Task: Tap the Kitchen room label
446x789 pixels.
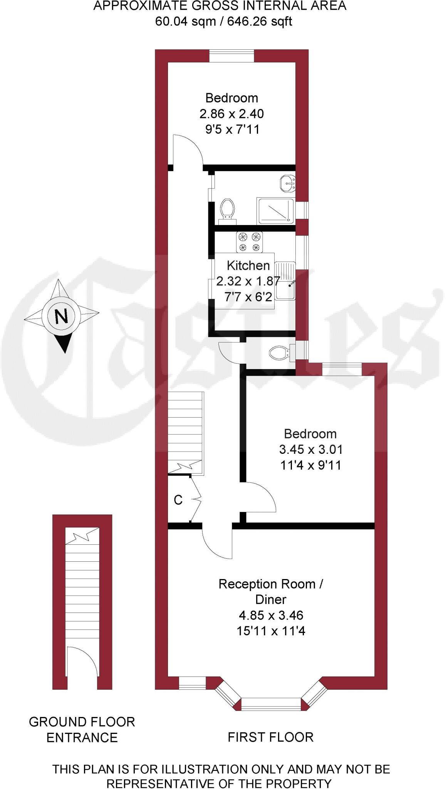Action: (x=248, y=265)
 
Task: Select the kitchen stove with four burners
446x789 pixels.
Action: (x=249, y=242)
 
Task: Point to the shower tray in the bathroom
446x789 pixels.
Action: (x=276, y=211)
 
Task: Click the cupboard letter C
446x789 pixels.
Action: (x=178, y=500)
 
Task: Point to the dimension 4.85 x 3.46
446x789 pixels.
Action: (x=271, y=615)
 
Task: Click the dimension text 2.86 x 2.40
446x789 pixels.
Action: (x=231, y=114)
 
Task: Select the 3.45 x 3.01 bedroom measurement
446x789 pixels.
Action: (x=310, y=449)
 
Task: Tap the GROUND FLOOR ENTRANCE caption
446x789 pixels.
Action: (x=82, y=729)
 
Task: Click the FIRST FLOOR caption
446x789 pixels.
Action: (x=270, y=737)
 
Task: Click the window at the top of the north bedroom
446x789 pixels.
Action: (x=231, y=55)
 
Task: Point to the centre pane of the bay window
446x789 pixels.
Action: (x=271, y=703)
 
